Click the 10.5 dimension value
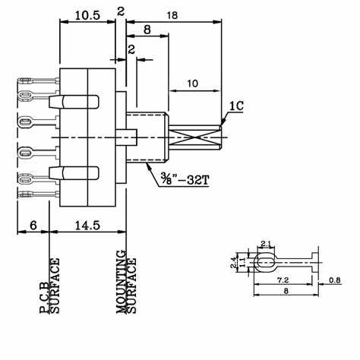[x=87, y=16]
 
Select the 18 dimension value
[x=172, y=15]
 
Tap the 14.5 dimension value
[x=87, y=225]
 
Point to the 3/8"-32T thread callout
[x=185, y=179]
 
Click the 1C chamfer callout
[x=236, y=106]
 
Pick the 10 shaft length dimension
[x=193, y=84]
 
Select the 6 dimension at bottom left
[x=33, y=225]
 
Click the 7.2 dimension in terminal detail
[x=283, y=280]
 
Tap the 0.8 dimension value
[x=335, y=280]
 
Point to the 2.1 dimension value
[x=266, y=244]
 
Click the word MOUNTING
[x=122, y=282]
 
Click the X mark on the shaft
[x=195, y=138]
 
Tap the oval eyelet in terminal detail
[x=265, y=263]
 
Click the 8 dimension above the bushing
[x=147, y=30]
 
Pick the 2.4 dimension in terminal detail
[x=233, y=262]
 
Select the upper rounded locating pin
[x=74, y=102]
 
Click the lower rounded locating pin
[x=74, y=173]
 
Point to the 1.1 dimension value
[x=242, y=262]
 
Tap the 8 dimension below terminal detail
[x=286, y=291]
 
